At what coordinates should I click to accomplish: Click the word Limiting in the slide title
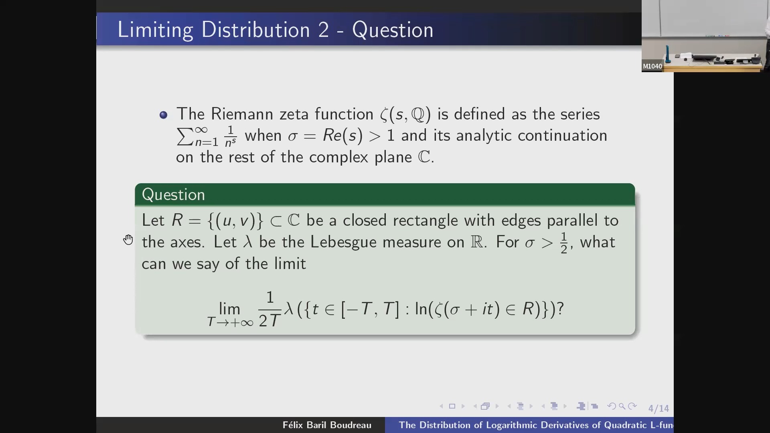click(x=155, y=30)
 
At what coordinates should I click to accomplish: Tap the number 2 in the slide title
click(x=323, y=30)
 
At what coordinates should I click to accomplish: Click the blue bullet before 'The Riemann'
click(x=163, y=115)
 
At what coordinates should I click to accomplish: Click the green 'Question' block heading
click(x=173, y=195)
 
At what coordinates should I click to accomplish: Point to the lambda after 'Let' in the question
click(x=247, y=242)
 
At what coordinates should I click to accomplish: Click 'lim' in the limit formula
click(x=229, y=309)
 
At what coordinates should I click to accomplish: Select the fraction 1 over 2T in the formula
click(x=269, y=309)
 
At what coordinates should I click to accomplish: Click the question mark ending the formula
click(x=561, y=308)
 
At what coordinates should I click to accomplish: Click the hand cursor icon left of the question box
click(x=128, y=240)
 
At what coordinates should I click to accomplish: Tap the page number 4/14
click(x=659, y=409)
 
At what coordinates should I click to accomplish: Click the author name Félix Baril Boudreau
click(x=327, y=425)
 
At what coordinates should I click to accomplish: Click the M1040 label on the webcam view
click(x=652, y=67)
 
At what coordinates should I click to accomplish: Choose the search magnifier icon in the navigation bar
click(x=622, y=406)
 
